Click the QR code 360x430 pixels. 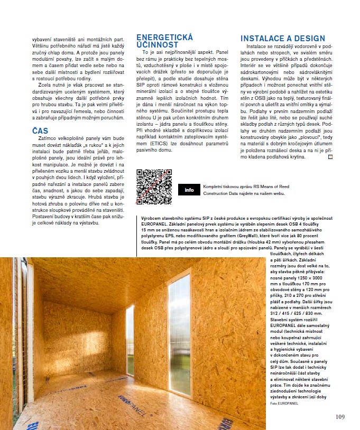tap(154, 186)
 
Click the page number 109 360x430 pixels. tap(340, 417)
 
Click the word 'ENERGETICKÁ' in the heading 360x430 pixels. tap(164, 38)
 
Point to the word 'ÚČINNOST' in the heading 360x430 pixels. tap(158, 45)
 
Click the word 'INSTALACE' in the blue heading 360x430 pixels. tap(266, 39)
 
